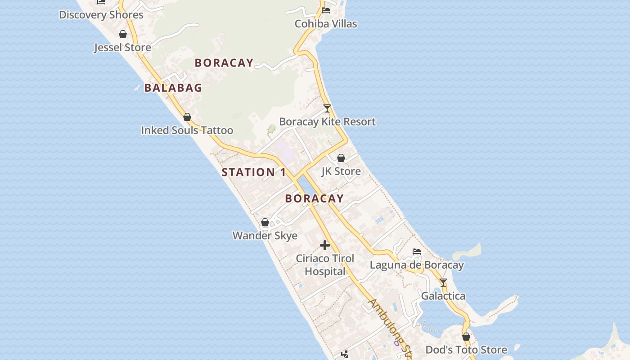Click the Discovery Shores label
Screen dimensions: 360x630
click(101, 15)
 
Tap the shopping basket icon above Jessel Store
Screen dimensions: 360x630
click(122, 34)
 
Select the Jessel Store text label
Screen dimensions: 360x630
click(122, 47)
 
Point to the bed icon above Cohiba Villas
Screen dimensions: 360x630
click(326, 10)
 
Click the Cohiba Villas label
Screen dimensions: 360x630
click(326, 24)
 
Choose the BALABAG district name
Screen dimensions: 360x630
click(173, 88)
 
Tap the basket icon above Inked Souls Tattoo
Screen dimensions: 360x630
click(187, 117)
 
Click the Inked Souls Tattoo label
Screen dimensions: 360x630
click(187, 130)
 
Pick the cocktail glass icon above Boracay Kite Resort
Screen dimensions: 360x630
click(327, 108)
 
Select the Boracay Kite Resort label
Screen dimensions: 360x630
click(327, 121)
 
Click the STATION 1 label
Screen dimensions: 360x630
click(254, 172)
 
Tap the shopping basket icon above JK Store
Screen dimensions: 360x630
click(341, 158)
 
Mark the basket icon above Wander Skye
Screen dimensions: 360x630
click(265, 222)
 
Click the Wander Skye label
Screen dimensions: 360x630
click(265, 235)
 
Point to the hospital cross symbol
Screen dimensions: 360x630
click(325, 245)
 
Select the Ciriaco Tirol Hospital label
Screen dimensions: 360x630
click(325, 265)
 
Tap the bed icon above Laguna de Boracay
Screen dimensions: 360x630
click(417, 252)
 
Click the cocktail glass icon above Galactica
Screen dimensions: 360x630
click(443, 283)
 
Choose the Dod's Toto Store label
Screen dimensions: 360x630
click(466, 350)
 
